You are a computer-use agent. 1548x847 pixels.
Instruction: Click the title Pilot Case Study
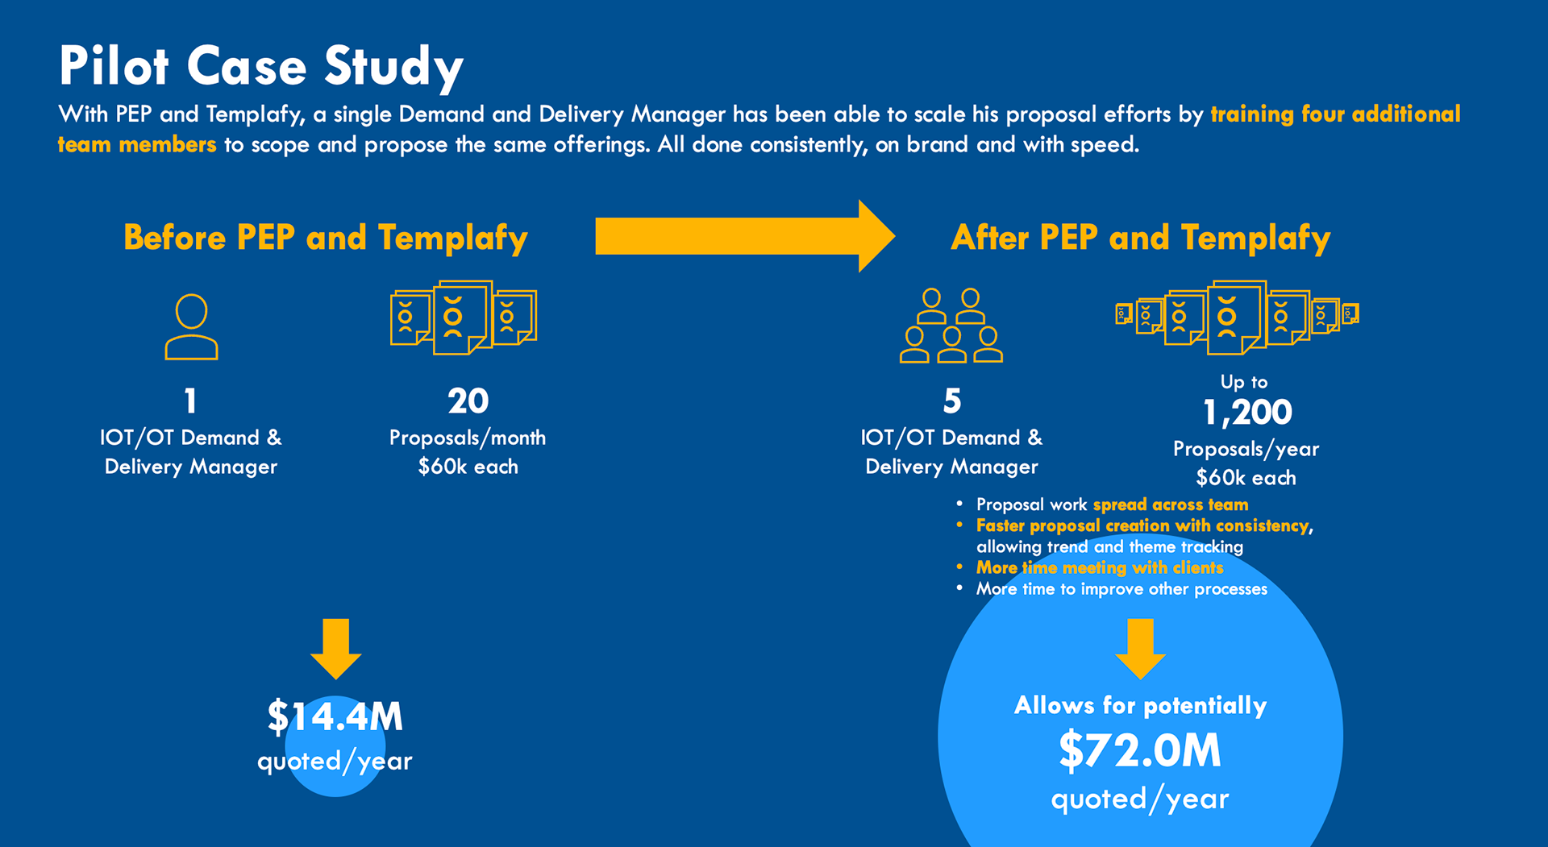coord(260,66)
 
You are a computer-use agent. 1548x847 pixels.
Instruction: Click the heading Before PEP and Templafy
coord(325,238)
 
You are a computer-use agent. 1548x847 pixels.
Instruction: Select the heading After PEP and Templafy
coord(1140,238)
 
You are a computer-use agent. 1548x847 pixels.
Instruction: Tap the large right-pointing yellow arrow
coord(743,236)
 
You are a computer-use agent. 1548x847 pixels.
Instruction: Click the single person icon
coord(191,326)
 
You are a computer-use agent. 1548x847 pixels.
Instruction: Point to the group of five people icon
coord(951,326)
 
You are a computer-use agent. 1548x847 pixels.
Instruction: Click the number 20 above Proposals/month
coord(468,401)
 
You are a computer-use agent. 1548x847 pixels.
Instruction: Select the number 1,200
coord(1246,413)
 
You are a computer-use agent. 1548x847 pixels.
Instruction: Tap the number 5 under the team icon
coord(951,401)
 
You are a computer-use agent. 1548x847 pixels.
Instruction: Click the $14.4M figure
coord(335,716)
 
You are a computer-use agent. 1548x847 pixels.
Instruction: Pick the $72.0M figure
coord(1140,751)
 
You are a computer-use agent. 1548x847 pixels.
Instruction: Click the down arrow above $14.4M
coord(335,648)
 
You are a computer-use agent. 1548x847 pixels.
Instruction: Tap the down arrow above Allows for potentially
coord(1140,648)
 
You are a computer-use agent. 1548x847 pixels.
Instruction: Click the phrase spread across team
coord(1170,505)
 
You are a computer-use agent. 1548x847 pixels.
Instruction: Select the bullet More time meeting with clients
coord(1100,568)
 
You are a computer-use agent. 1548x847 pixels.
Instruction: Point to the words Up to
coord(1244,382)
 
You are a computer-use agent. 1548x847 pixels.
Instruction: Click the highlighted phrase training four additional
coord(1335,114)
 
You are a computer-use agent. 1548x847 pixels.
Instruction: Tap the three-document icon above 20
coord(463,318)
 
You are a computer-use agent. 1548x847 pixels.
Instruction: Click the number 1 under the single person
coord(190,401)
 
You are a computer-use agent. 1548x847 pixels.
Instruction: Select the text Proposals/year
coord(1246,449)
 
